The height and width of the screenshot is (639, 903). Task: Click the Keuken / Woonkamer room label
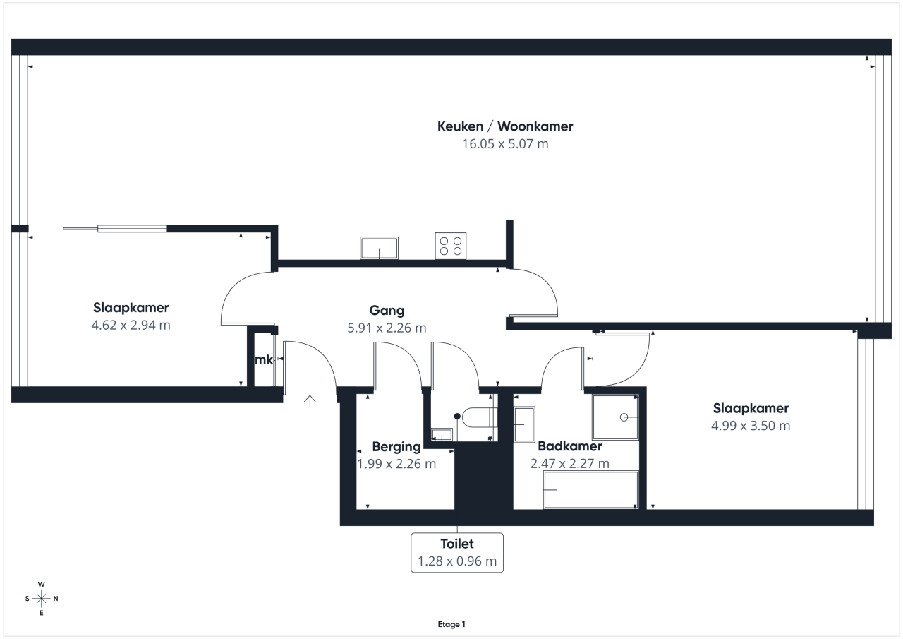pos(505,126)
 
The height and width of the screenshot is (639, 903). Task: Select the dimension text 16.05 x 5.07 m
pos(505,144)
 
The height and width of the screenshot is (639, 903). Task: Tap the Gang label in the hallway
pos(387,311)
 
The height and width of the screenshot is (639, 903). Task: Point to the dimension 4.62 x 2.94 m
pos(131,325)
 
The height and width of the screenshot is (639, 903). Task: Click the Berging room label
pos(396,447)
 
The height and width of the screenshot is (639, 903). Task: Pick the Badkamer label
pos(569,446)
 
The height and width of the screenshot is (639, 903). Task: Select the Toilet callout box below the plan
pos(457,553)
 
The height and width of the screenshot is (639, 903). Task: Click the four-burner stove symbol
pos(451,246)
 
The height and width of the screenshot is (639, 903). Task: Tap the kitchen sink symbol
pos(379,248)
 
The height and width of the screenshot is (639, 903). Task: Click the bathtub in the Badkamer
pos(590,490)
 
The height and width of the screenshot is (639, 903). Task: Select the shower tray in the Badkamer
pos(615,417)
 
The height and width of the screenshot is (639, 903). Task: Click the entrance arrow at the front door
pos(310,400)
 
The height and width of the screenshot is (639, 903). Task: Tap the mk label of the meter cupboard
pos(264,359)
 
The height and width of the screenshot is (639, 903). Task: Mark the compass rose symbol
pos(41,598)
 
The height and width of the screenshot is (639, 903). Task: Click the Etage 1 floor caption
pos(451,624)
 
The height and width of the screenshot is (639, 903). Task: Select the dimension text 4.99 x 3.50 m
pos(751,426)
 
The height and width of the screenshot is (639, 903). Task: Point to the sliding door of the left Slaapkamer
pos(115,229)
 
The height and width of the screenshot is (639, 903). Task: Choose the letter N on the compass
pos(56,599)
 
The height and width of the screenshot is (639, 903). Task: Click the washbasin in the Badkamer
pos(524,424)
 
